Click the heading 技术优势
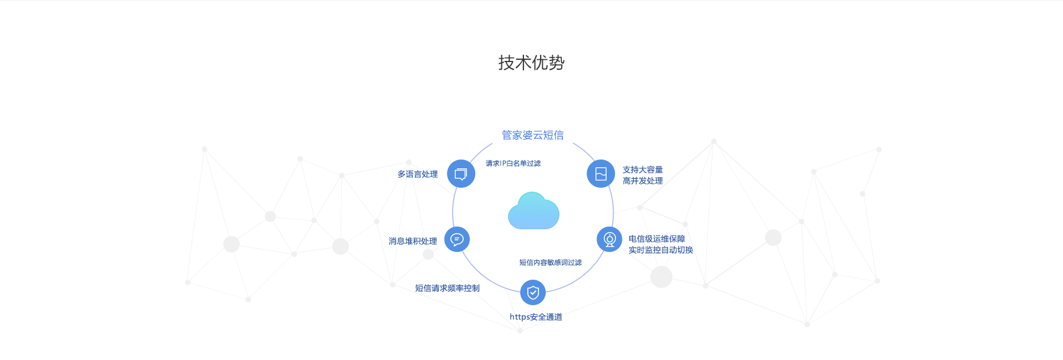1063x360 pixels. [x=531, y=63]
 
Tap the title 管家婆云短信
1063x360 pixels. [x=532, y=135]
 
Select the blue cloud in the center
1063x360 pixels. [x=533, y=211]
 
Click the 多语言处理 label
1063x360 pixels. [x=418, y=174]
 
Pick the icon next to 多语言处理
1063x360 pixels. [x=461, y=174]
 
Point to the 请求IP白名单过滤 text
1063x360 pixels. [x=513, y=163]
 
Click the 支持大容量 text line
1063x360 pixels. [x=643, y=169]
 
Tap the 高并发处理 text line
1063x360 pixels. [x=643, y=181]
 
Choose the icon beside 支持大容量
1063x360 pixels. [x=600, y=174]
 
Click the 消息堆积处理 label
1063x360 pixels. [x=413, y=241]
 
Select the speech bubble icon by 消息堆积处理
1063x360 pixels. [x=457, y=239]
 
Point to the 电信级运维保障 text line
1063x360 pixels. [x=656, y=239]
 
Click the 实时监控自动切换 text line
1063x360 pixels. [x=660, y=250]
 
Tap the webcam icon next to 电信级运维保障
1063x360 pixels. [x=609, y=239]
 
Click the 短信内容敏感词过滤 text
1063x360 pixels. [x=550, y=263]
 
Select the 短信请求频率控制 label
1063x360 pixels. [x=447, y=288]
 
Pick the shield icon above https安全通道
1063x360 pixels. [x=533, y=292]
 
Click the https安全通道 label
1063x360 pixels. [x=536, y=317]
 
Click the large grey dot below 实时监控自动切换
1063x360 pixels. [x=661, y=277]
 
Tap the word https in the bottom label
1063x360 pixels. [x=520, y=317]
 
